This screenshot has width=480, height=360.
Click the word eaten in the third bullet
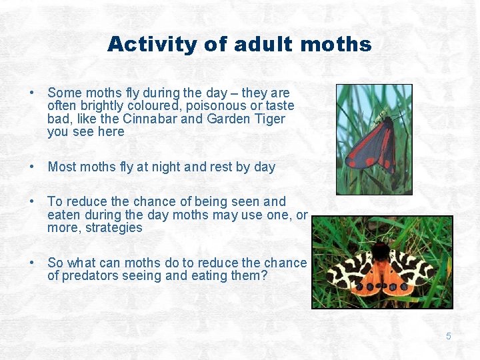pos(64,215)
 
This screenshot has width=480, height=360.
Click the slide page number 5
pos(448,336)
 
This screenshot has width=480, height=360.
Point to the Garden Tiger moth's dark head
pos(380,252)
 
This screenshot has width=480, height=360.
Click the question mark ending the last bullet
pos(264,275)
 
